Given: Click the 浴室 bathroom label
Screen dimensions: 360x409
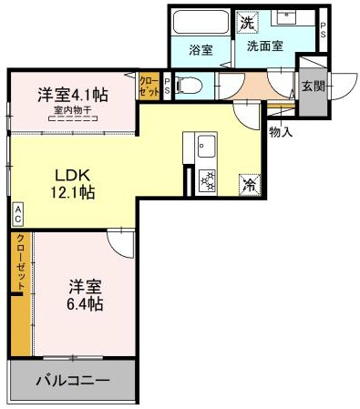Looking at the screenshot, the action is point(201,50).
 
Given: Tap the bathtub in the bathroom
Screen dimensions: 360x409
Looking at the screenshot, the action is point(201,22).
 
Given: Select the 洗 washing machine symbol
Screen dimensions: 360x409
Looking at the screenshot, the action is point(247,22).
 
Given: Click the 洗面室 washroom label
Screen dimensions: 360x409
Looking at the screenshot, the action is point(265,46).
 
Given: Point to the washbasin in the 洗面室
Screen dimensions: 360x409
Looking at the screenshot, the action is point(285,17).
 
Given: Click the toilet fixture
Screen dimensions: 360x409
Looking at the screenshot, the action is point(190,86).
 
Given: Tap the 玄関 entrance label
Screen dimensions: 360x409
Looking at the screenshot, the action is point(314,87).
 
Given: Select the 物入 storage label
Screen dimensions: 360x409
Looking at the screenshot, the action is point(281,132).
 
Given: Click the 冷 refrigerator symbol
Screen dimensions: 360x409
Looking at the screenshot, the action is point(250,184).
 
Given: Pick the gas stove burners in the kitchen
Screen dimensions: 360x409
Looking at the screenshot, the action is point(207,180).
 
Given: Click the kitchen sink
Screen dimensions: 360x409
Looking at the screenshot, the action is point(207,146).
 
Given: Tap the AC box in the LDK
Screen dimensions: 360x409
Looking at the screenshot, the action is point(17,214).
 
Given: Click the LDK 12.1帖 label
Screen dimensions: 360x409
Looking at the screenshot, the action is point(72,184).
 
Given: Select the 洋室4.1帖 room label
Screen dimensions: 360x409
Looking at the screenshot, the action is point(73,95).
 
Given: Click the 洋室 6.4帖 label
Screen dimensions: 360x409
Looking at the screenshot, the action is point(85,295).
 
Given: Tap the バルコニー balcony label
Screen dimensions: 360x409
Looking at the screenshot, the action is point(73,380).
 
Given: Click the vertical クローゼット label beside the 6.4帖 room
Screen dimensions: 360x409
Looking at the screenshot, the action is point(21,263).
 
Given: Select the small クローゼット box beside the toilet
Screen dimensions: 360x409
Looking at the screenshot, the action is point(149,86).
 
